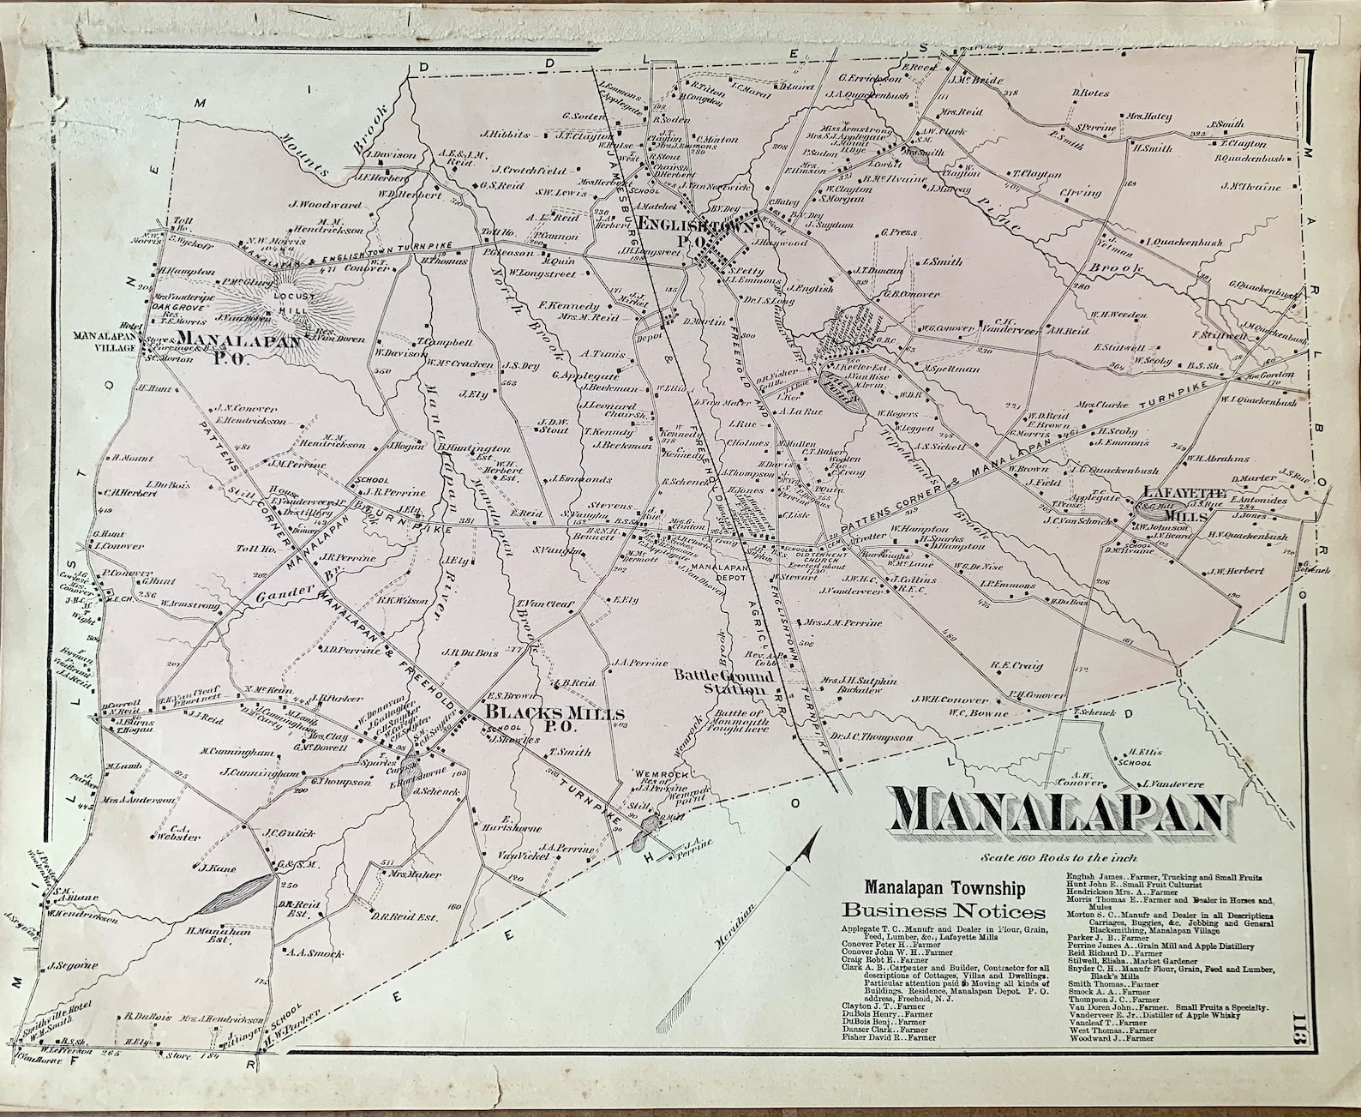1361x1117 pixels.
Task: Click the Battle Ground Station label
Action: [724, 682]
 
